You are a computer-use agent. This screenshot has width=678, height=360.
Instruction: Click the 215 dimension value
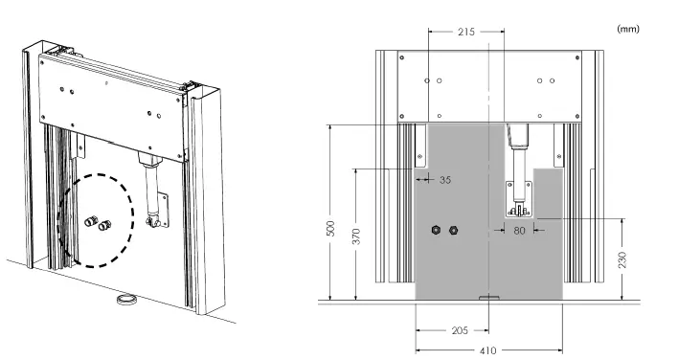click(466, 32)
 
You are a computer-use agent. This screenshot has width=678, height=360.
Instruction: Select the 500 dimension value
click(330, 228)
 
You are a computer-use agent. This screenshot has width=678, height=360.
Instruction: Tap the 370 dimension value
click(356, 236)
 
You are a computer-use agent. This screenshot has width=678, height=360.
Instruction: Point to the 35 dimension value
click(445, 179)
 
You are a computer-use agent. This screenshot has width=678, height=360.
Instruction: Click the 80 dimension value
click(519, 231)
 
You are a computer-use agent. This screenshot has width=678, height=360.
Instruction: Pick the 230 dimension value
click(622, 259)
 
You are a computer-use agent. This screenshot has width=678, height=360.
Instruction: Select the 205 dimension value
click(460, 330)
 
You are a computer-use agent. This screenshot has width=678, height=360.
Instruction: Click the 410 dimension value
click(487, 350)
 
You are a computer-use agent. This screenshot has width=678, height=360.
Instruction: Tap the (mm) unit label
click(628, 29)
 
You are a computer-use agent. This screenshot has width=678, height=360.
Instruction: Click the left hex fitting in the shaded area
click(436, 230)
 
